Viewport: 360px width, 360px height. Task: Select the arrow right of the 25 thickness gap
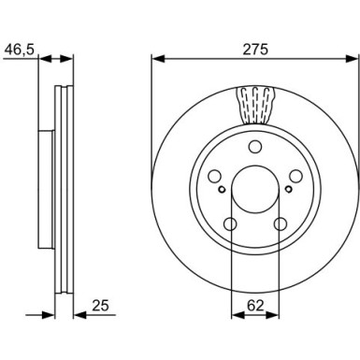point(80,315)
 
